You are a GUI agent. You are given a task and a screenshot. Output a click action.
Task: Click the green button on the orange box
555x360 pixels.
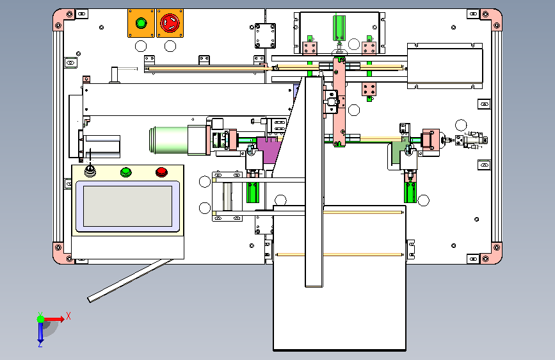[x=141, y=24]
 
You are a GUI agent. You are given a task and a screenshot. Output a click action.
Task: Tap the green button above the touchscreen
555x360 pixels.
[x=125, y=172]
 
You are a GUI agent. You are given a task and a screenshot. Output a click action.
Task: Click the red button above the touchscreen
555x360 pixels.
[x=161, y=172]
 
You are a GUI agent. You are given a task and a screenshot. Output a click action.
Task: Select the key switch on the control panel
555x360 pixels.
[x=90, y=172]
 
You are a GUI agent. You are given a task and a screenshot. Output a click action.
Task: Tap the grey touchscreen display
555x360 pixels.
[x=128, y=206]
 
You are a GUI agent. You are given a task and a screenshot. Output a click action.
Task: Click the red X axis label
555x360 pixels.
[x=68, y=316]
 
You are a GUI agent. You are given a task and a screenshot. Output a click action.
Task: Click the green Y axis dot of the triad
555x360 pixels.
[x=41, y=319]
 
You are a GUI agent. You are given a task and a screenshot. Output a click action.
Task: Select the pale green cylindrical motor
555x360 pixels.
[x=168, y=140]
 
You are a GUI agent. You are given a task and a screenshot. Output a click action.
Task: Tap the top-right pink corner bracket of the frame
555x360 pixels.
[x=493, y=19]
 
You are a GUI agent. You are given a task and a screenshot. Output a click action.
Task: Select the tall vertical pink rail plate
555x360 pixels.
[x=339, y=102]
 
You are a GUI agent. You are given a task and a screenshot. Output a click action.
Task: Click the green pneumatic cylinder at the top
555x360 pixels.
[x=339, y=28]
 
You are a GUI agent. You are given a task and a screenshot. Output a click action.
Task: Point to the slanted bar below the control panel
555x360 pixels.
[x=130, y=281]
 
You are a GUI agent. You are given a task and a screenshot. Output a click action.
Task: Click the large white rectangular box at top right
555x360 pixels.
[x=445, y=66]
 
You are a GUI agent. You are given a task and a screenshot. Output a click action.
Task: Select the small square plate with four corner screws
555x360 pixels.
[x=265, y=36]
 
